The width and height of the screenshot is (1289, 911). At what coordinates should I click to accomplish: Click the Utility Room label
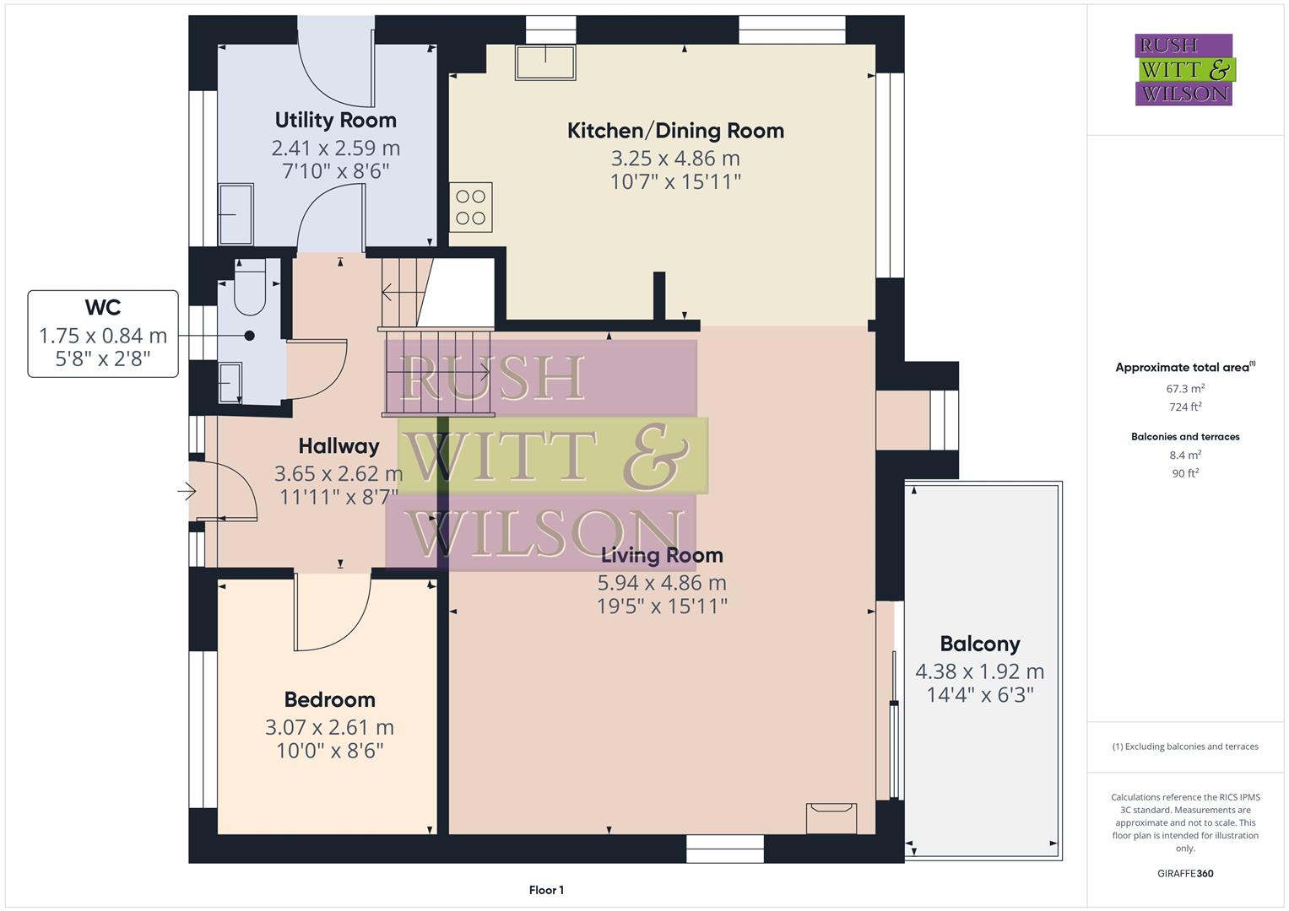point(335,120)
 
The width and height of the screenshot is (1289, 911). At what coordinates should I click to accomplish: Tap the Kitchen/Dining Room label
point(675,131)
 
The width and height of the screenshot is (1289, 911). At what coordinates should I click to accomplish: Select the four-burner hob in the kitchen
point(471,207)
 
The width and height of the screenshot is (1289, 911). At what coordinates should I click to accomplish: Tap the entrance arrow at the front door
point(187,491)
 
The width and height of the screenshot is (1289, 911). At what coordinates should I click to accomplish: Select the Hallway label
point(338,446)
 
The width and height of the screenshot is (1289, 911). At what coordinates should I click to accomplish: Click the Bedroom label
point(329,700)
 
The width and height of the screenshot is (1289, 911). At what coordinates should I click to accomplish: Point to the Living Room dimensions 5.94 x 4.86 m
point(662,583)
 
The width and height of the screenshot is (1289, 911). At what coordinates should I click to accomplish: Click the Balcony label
point(979,644)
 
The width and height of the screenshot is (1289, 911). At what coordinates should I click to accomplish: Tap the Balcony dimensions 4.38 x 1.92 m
point(979,672)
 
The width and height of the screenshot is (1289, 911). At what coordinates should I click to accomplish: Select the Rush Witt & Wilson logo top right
point(1183,70)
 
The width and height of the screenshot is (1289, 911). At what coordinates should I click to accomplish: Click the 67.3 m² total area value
point(1185,389)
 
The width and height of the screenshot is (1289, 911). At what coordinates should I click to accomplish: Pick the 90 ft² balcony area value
point(1185,473)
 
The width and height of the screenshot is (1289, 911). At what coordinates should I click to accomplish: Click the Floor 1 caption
point(546,890)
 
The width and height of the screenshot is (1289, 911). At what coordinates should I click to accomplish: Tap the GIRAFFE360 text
point(1185,874)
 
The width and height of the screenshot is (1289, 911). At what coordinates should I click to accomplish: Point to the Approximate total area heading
point(1184,368)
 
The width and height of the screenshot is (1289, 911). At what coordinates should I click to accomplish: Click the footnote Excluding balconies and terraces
point(1185,747)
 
